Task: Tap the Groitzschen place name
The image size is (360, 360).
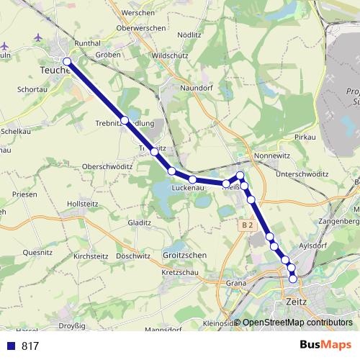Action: coord(186,255)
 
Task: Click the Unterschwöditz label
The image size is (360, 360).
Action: coord(302,174)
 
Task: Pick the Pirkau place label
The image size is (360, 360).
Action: coord(306,137)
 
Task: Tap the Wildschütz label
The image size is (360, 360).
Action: coord(168,55)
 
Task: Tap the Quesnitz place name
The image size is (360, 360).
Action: coord(37,253)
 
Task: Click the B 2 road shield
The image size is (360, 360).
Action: coord(248,225)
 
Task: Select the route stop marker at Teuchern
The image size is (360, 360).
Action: coord(67,62)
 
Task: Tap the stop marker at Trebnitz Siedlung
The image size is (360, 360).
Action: coord(125,120)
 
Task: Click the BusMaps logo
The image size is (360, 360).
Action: coord(330,346)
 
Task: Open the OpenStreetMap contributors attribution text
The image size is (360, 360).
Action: coord(297,323)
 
